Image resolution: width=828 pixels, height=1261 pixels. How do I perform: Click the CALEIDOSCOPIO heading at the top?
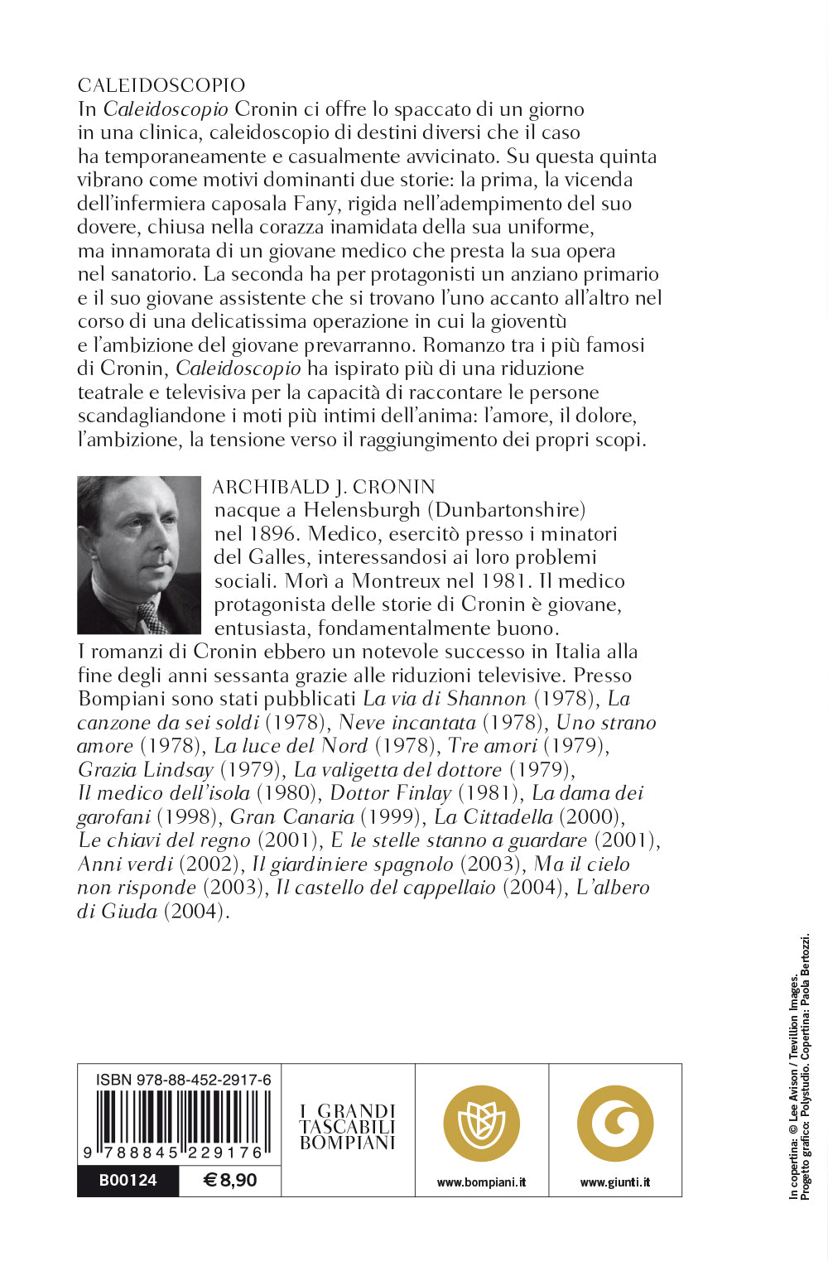pyautogui.click(x=161, y=85)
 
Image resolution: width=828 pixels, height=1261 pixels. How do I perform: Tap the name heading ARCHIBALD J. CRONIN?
pyautogui.click(x=324, y=487)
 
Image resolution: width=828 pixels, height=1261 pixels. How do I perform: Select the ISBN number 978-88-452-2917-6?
pyautogui.click(x=183, y=1080)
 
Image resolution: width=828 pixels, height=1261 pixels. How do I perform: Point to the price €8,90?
pyautogui.click(x=230, y=1181)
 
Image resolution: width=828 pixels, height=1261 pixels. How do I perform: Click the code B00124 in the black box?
pyautogui.click(x=128, y=1181)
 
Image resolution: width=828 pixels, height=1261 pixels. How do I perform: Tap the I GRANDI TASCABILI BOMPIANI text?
pyautogui.click(x=348, y=1127)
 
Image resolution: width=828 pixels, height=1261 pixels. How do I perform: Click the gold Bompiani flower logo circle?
pyautogui.click(x=482, y=1124)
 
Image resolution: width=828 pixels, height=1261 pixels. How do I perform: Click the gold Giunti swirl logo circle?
pyautogui.click(x=615, y=1124)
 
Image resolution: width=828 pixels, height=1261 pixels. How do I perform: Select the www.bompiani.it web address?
pyautogui.click(x=482, y=1182)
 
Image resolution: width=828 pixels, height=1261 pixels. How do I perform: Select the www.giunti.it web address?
pyautogui.click(x=615, y=1182)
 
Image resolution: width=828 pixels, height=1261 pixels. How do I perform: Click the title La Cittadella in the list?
pyautogui.click(x=493, y=817)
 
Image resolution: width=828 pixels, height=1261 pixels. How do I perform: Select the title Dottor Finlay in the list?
pyautogui.click(x=390, y=793)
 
